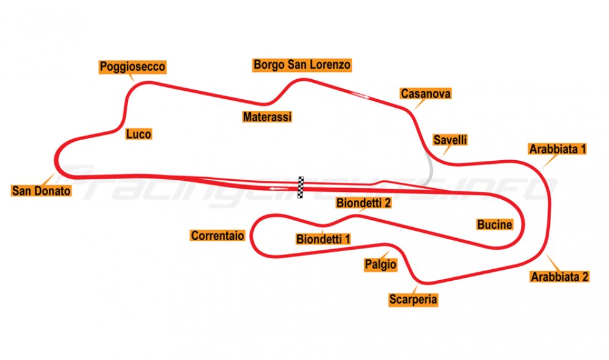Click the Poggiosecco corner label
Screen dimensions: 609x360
click(x=132, y=67)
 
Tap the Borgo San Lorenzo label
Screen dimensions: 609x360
click(x=302, y=65)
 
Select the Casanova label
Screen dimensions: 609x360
click(x=426, y=94)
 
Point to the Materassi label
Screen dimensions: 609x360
click(x=267, y=116)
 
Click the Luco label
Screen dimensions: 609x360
click(x=139, y=134)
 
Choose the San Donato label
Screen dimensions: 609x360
click(x=41, y=191)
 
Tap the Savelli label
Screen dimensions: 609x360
click(x=450, y=140)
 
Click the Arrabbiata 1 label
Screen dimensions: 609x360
click(x=557, y=149)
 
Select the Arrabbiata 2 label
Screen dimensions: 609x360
click(x=560, y=277)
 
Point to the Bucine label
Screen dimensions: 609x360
click(x=495, y=224)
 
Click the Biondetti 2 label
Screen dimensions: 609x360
click(x=364, y=203)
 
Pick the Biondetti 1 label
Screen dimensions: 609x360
click(x=323, y=239)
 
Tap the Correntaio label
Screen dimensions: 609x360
click(x=217, y=235)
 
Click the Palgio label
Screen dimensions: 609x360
click(x=381, y=264)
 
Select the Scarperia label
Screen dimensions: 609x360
click(x=414, y=300)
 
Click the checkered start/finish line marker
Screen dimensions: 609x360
click(x=301, y=187)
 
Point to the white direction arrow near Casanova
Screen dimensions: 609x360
click(x=361, y=95)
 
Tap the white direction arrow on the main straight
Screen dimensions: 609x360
click(x=280, y=189)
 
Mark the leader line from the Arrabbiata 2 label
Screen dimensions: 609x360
click(x=553, y=262)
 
